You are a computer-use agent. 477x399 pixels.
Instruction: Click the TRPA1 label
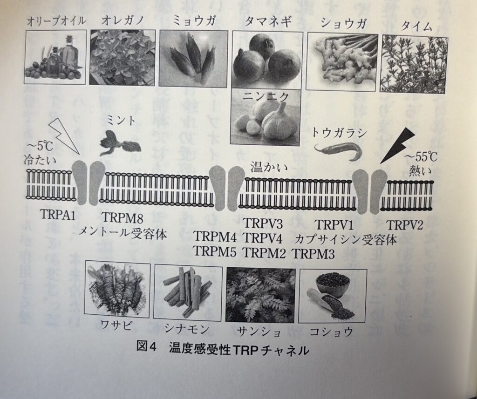pos(58,215)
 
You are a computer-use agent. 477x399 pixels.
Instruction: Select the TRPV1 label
pos(334,225)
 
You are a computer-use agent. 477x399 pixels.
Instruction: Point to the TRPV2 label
pos(405,225)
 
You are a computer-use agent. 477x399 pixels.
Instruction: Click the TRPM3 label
pos(313,253)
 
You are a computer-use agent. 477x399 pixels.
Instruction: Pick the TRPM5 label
pos(215,251)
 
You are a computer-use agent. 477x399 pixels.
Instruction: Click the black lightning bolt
pos(397,145)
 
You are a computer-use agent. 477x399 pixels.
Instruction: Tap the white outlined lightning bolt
pos(64,135)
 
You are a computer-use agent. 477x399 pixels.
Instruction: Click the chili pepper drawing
pos(338,151)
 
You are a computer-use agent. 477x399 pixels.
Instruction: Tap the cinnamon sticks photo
pos(188,292)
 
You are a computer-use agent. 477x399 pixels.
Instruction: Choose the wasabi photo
pos(117,289)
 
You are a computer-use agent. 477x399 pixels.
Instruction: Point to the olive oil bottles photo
pos(55,57)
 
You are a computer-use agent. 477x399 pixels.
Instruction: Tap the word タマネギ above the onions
pos(268,21)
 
